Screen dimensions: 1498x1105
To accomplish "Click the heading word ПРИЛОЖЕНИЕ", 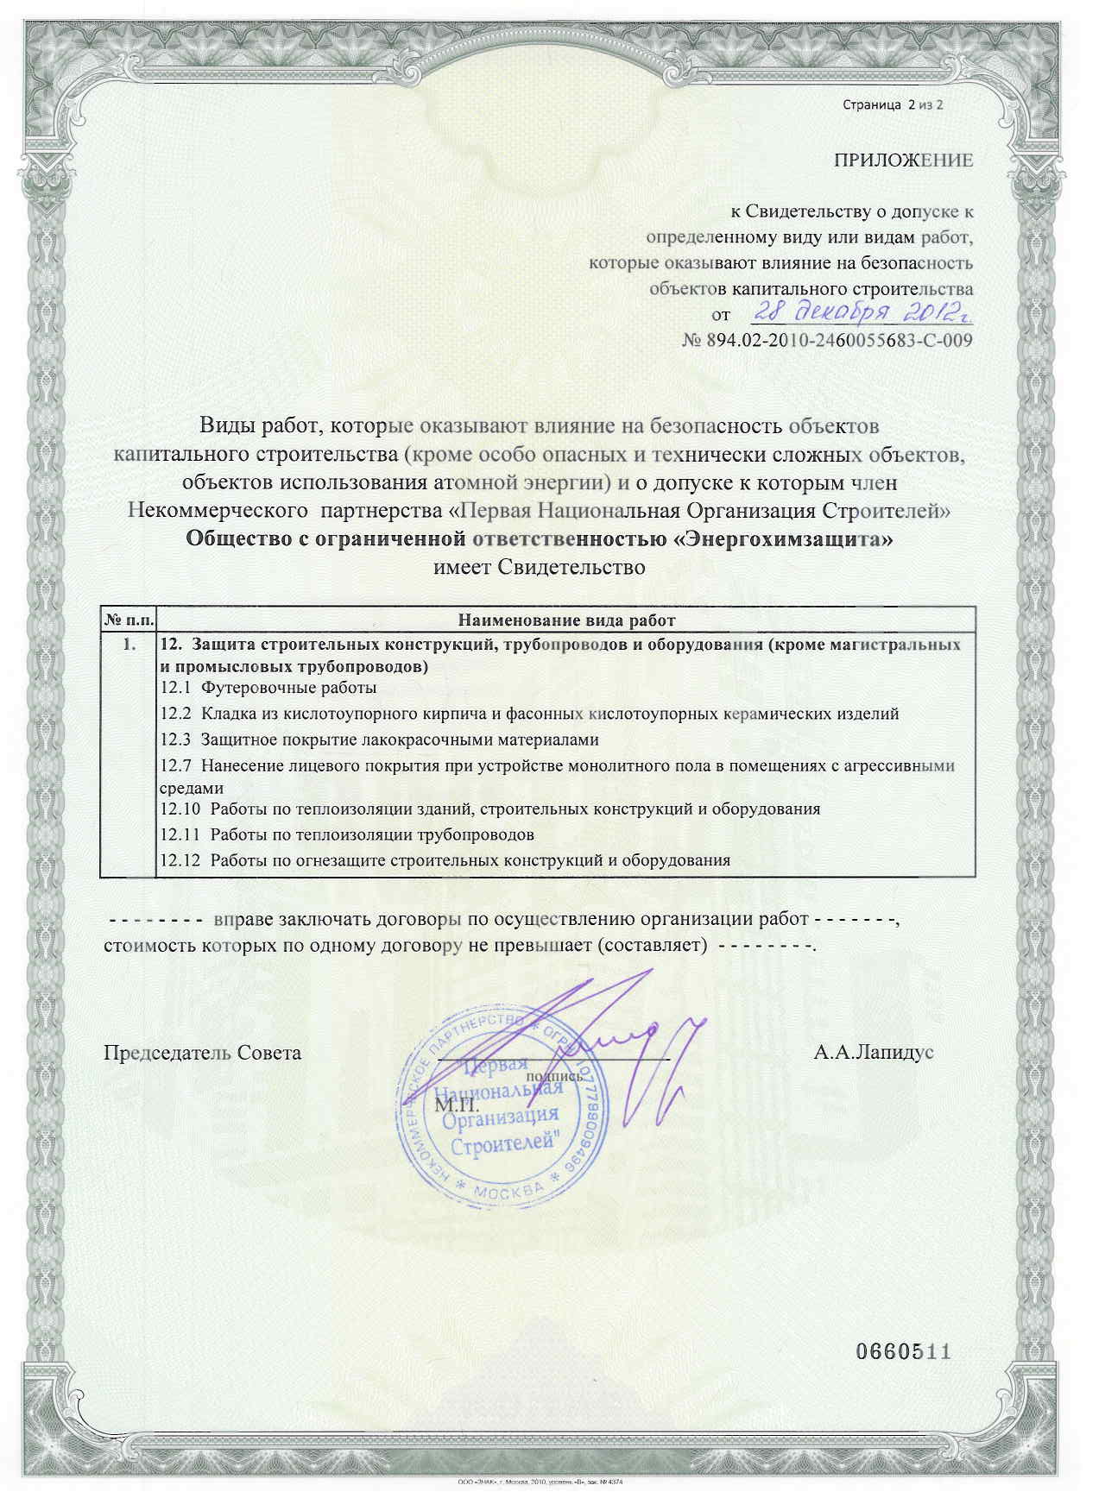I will coord(903,160).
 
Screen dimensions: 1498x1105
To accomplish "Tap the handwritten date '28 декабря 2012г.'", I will coord(855,313).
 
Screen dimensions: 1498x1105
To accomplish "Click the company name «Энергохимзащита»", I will coord(782,541).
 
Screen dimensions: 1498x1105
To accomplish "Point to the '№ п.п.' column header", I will coord(129,620).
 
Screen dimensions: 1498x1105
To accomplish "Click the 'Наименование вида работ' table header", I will coord(565,620).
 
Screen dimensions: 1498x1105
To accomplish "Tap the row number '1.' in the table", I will coord(129,645).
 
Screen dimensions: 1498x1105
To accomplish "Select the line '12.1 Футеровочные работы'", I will coord(269,689).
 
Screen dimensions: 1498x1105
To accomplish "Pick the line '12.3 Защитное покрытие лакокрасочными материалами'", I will coord(380,740).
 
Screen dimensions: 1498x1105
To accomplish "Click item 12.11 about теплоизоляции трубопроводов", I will coord(347,835).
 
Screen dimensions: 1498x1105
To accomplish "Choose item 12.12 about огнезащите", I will coord(445,860).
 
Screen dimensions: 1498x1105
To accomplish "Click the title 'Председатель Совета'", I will coord(203,1054).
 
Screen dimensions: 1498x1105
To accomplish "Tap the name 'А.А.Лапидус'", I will coord(873,1054).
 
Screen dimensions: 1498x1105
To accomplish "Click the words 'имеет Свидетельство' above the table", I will coord(539,568).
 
